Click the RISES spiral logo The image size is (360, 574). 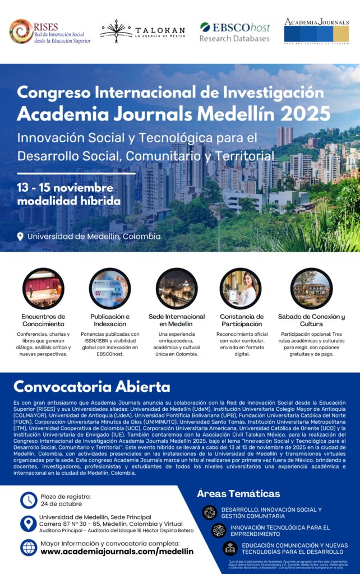pyautogui.click(x=21, y=31)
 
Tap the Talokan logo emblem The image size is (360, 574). pyautogui.click(x=117, y=31)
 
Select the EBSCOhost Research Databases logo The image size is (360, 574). pyautogui.click(x=234, y=32)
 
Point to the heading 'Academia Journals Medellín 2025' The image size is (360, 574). pyautogui.click(x=173, y=113)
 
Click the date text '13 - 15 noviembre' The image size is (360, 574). pyautogui.click(x=65, y=187)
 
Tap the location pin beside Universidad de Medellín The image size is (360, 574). pyautogui.click(x=21, y=237)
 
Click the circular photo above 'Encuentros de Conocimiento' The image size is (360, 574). pyautogui.click(x=43, y=289)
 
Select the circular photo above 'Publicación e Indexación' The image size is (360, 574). pyautogui.click(x=110, y=289)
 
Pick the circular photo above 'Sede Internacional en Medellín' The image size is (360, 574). pyautogui.click(x=177, y=289)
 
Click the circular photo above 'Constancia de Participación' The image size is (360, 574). pyautogui.click(x=241, y=289)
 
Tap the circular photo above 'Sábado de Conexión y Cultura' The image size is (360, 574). pyautogui.click(x=311, y=289)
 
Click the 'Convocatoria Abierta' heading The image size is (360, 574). pyautogui.click(x=92, y=387)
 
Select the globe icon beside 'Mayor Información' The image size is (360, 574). pyautogui.click(x=29, y=547)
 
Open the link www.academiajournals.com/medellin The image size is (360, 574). pyautogui.click(x=117, y=552)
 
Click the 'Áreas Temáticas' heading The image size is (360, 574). pyautogui.click(x=238, y=494)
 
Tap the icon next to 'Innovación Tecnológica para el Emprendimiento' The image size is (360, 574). pyautogui.click(x=219, y=530)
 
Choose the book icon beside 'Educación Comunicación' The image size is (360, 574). pyautogui.click(x=230, y=548)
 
